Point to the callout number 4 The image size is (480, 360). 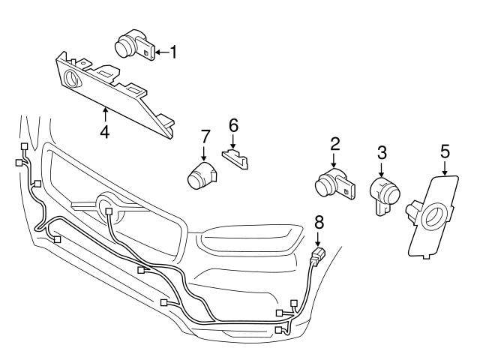(104, 133)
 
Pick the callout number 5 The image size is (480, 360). (445, 151)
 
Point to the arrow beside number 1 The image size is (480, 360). (160, 52)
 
